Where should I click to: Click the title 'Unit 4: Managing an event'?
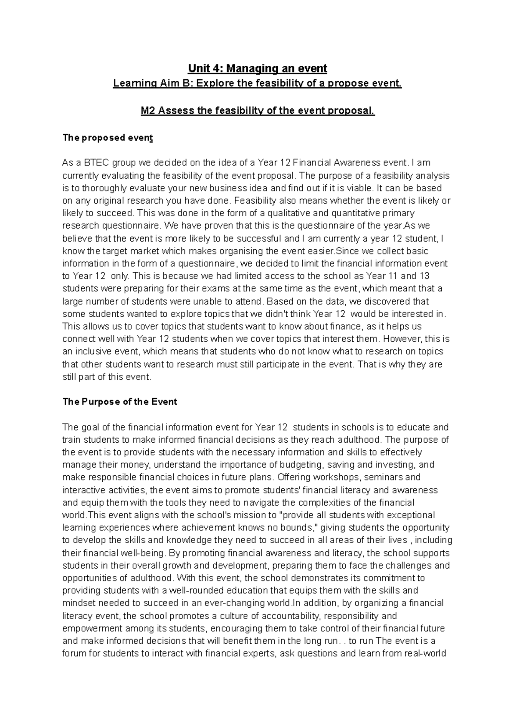click(257, 68)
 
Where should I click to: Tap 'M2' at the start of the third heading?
click(149, 111)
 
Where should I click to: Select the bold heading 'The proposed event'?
click(107, 138)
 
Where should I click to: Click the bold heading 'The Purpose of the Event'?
click(120, 402)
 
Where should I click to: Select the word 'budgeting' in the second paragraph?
click(301, 465)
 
